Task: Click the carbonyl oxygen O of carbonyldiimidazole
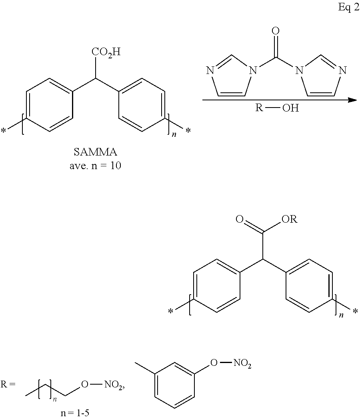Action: coord(275,31)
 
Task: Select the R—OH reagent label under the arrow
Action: coord(276,108)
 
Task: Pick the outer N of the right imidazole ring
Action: coord(341,71)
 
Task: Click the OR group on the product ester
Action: coord(289,219)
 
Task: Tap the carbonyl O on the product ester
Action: coord(239,219)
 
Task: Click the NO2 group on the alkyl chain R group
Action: coord(114,385)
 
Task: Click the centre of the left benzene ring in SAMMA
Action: coord(50,105)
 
